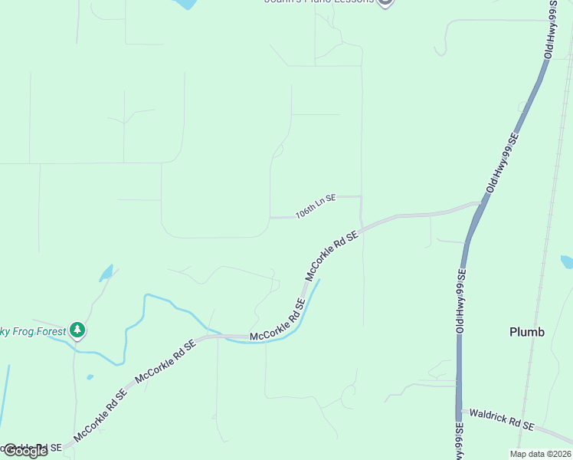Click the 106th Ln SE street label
(316, 206)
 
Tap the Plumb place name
(527, 332)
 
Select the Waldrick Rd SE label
(501, 419)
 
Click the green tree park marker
(77, 330)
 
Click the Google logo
(25, 451)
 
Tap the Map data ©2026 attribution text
(540, 454)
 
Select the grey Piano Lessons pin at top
(385, 2)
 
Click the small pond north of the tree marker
(106, 273)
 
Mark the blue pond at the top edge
(185, 4)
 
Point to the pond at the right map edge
(567, 262)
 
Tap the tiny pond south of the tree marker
(90, 377)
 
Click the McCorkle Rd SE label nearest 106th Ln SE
(332, 255)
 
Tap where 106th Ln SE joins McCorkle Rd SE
(362, 227)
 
